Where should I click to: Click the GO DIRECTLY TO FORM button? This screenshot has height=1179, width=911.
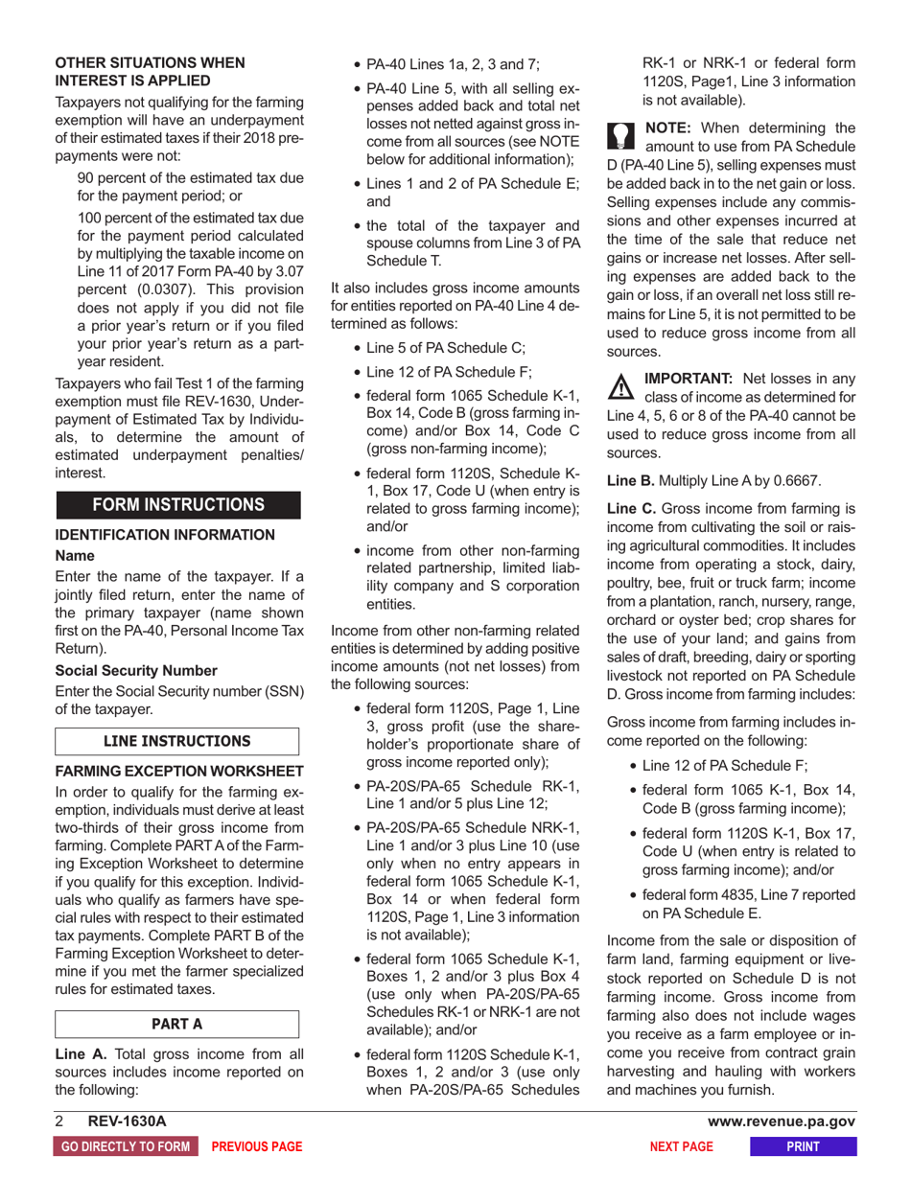[x=125, y=1146]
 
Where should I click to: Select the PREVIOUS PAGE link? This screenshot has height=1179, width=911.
[x=256, y=1146]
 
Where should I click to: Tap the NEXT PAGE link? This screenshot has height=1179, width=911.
[x=681, y=1146]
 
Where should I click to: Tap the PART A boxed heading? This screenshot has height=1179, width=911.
[x=178, y=1023]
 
